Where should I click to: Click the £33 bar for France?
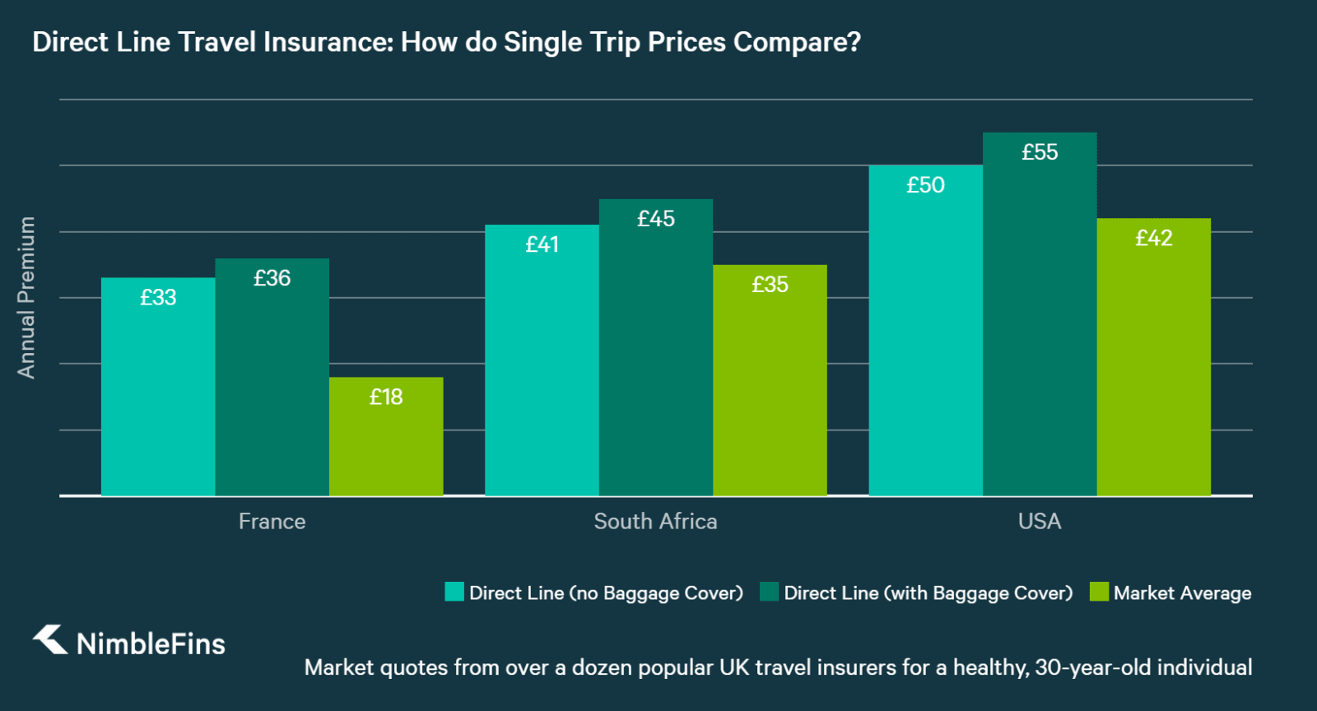coord(158,387)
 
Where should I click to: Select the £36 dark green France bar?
coord(272,379)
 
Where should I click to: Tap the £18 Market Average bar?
coord(386,436)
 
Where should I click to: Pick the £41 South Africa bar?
coord(542,362)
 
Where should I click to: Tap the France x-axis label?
coord(272,522)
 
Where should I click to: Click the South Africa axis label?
coord(655,522)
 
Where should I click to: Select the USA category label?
coord(1040,522)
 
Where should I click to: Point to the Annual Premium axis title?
coord(26,297)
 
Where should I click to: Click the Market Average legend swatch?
coord(1099,592)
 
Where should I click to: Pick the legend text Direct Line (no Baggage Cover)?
coord(606,593)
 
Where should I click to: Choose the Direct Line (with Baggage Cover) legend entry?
coord(928,593)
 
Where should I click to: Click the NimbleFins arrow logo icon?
coord(51,639)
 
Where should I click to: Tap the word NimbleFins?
coord(151,644)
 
